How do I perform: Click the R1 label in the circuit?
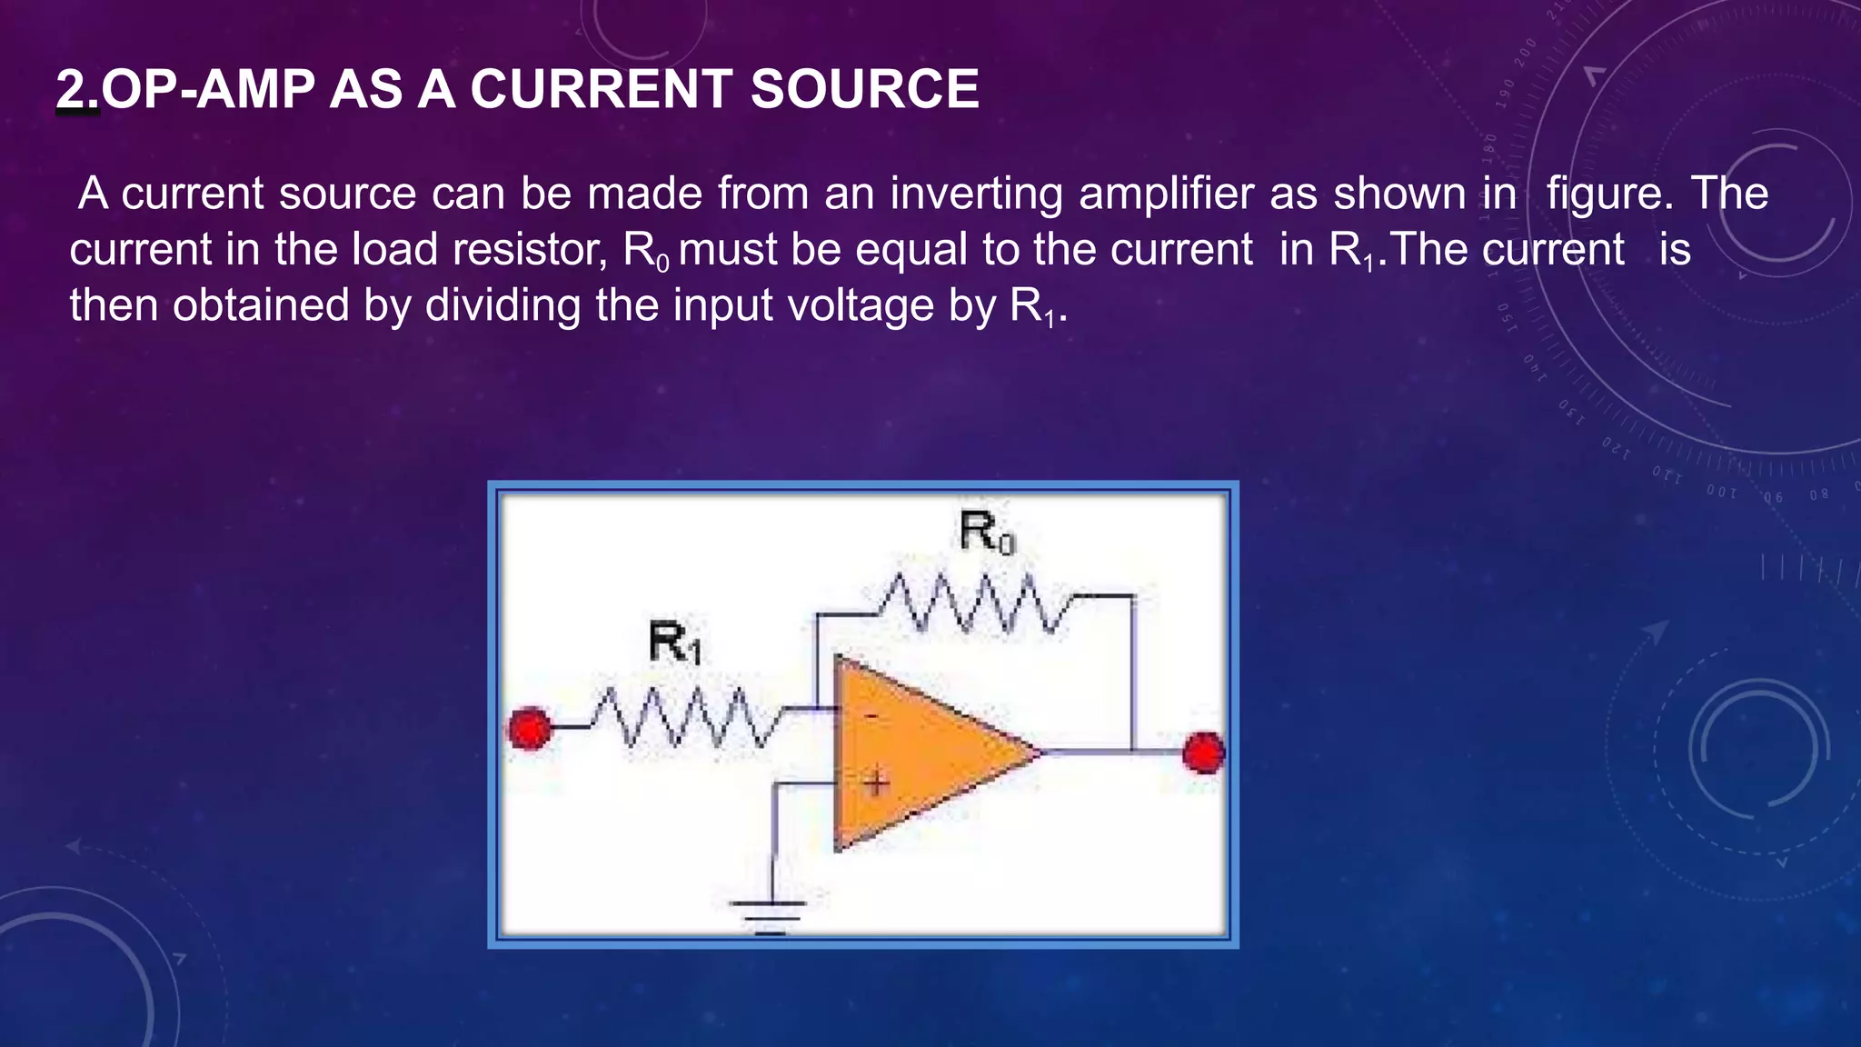point(674,643)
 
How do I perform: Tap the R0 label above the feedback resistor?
point(986,533)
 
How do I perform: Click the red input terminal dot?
point(529,729)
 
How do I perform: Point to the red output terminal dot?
point(1204,753)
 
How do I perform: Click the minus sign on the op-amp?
point(871,717)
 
